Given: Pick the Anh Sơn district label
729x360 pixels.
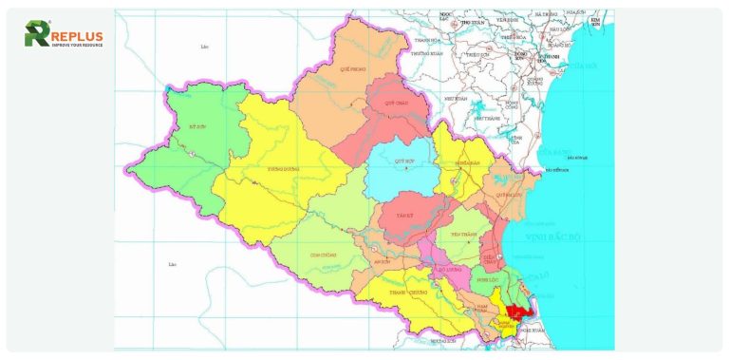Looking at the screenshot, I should (383, 262).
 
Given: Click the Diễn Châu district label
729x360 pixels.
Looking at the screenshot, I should (491, 256).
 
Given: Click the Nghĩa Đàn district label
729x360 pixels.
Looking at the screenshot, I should (470, 162).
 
